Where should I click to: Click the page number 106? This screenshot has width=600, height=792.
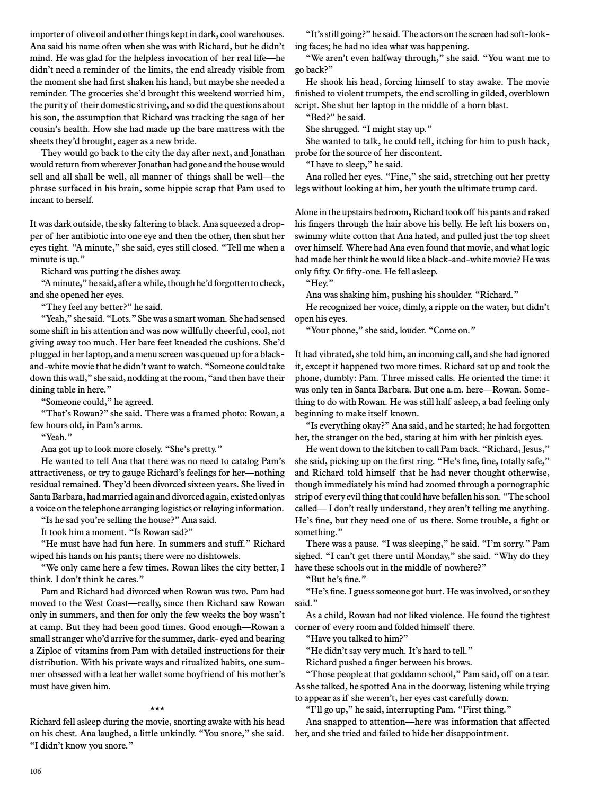pos(36,771)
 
